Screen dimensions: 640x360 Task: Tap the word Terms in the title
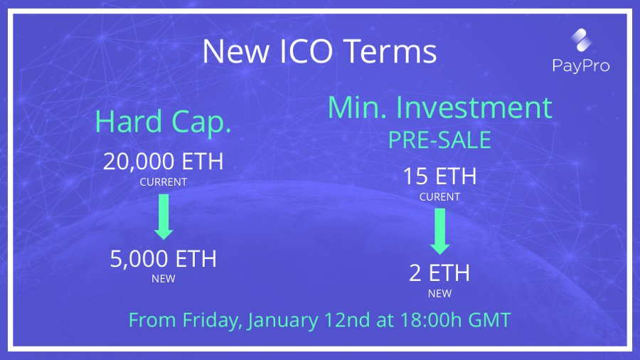pyautogui.click(x=390, y=51)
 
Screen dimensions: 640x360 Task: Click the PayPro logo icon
pyautogui.click(x=581, y=40)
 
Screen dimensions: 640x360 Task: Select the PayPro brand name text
pyautogui.click(x=581, y=65)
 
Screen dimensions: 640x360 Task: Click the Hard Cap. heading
pyautogui.click(x=163, y=122)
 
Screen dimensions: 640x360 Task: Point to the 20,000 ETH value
pyautogui.click(x=164, y=162)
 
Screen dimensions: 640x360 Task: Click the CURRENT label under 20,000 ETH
pyautogui.click(x=164, y=182)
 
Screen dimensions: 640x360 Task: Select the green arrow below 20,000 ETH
pyautogui.click(x=164, y=217)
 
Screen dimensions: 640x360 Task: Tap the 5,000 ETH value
pyautogui.click(x=164, y=259)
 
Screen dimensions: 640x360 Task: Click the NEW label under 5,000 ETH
pyautogui.click(x=164, y=279)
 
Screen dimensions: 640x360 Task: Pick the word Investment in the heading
pyautogui.click(x=474, y=107)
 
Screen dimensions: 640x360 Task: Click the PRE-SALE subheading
pyautogui.click(x=439, y=140)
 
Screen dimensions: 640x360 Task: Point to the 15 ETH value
pyautogui.click(x=439, y=176)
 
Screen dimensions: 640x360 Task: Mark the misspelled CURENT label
pyautogui.click(x=439, y=197)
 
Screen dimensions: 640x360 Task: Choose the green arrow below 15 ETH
pyautogui.click(x=440, y=231)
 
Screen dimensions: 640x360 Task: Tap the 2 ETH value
pyautogui.click(x=439, y=272)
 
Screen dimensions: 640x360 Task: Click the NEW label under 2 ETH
pyautogui.click(x=439, y=293)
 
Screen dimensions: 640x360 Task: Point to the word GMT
pyautogui.click(x=490, y=320)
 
